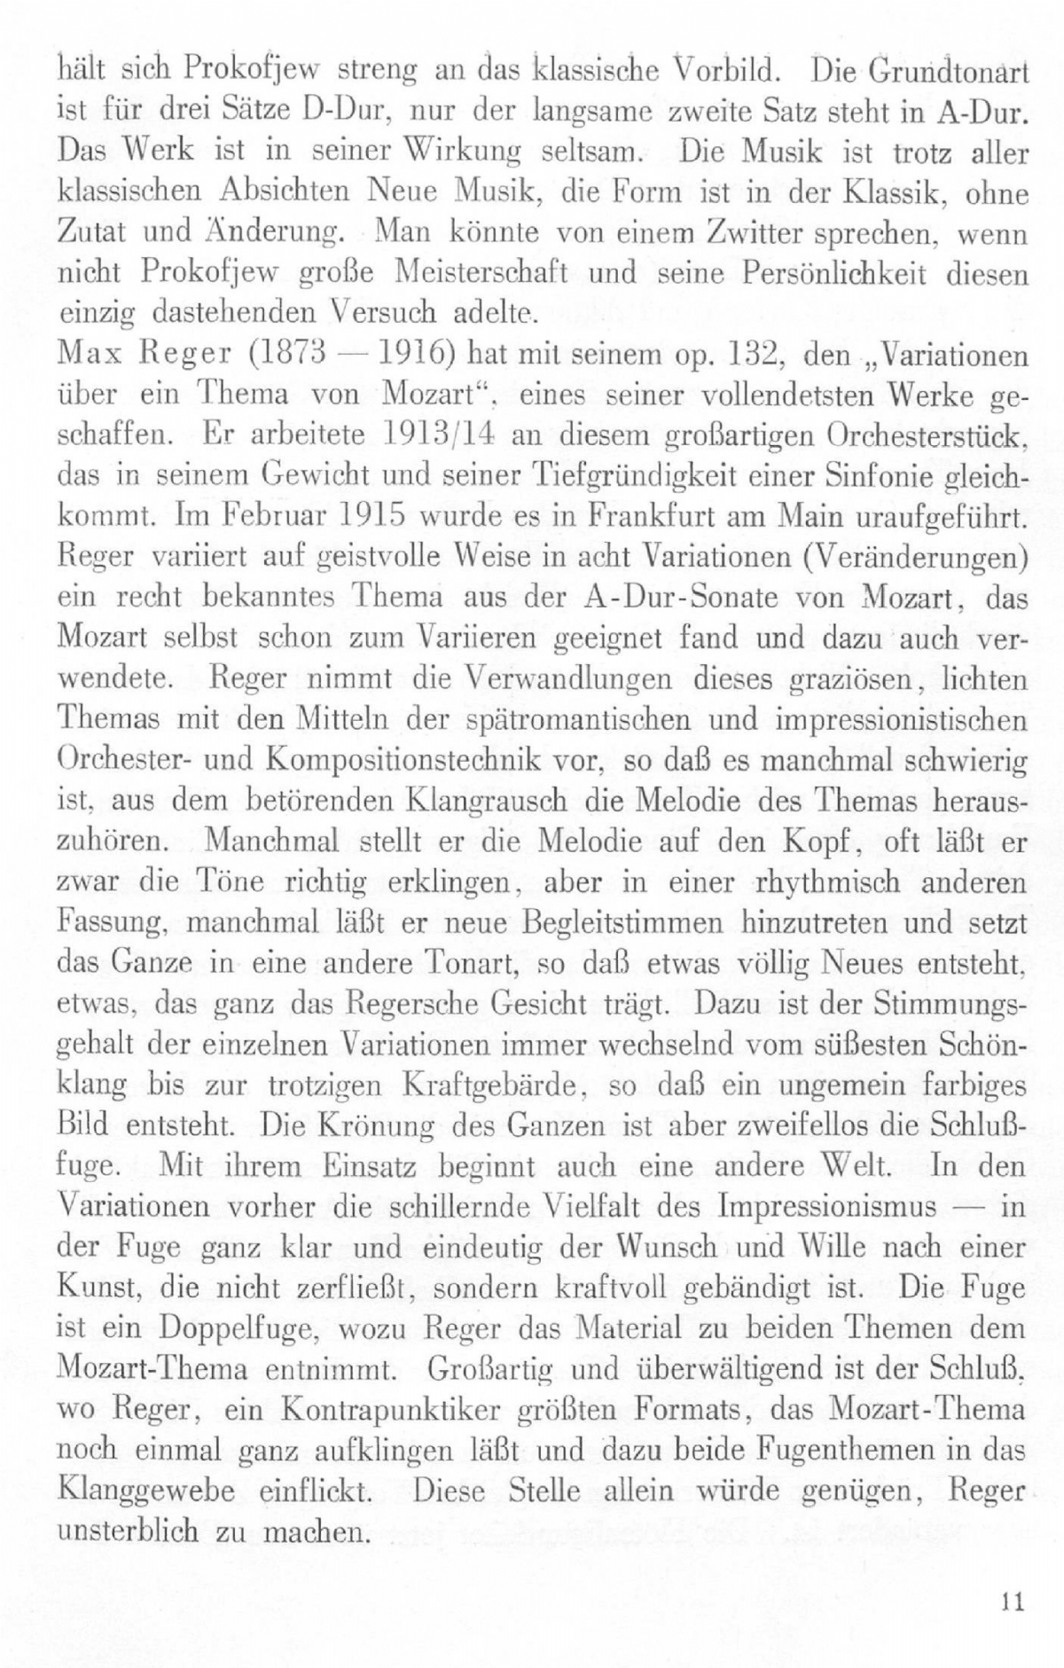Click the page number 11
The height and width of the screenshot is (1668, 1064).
1013,1601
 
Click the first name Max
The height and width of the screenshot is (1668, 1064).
82,356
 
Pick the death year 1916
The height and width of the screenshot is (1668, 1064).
405,356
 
